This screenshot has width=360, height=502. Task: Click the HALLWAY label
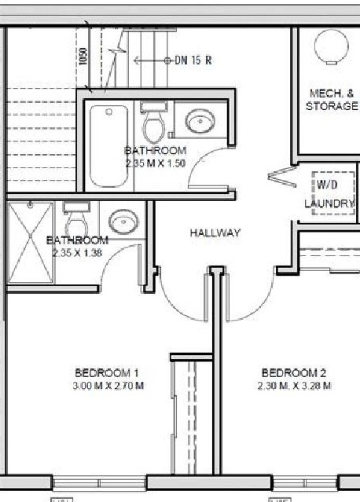pos(215,233)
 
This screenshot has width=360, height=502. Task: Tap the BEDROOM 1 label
pos(107,372)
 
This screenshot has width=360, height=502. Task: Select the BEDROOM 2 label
pos(293,372)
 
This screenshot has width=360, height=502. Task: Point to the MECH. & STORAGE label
pos(332,99)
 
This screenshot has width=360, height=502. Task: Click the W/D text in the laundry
pos(327,185)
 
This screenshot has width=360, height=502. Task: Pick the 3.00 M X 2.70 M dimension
pos(107,386)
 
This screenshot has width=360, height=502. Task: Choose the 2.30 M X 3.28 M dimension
pos(293,386)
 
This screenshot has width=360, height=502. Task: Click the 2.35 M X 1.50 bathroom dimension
pos(155,163)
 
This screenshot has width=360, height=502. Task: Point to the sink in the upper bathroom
pos(200,122)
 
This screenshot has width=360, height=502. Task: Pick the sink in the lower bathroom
pos(123,222)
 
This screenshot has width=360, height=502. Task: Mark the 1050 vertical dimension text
pos(83,57)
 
